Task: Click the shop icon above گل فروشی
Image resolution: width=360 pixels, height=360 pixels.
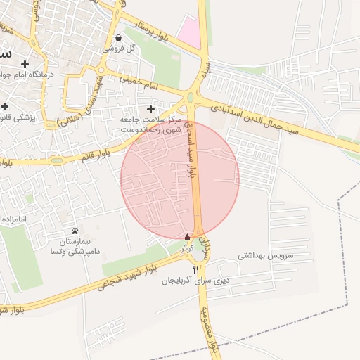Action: [x=118, y=38]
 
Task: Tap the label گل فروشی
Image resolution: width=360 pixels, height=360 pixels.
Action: [x=118, y=49]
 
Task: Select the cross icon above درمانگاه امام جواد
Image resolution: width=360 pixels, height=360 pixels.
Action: [x=25, y=64]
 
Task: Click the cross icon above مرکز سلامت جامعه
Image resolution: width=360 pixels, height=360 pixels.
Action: [x=150, y=110]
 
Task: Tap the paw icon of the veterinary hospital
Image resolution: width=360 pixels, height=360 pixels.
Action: [x=75, y=231]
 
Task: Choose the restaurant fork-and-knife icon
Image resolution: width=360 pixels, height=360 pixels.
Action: [x=195, y=269]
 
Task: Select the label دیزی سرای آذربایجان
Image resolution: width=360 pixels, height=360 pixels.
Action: [x=196, y=280]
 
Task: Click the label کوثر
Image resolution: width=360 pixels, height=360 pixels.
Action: [x=186, y=248]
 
